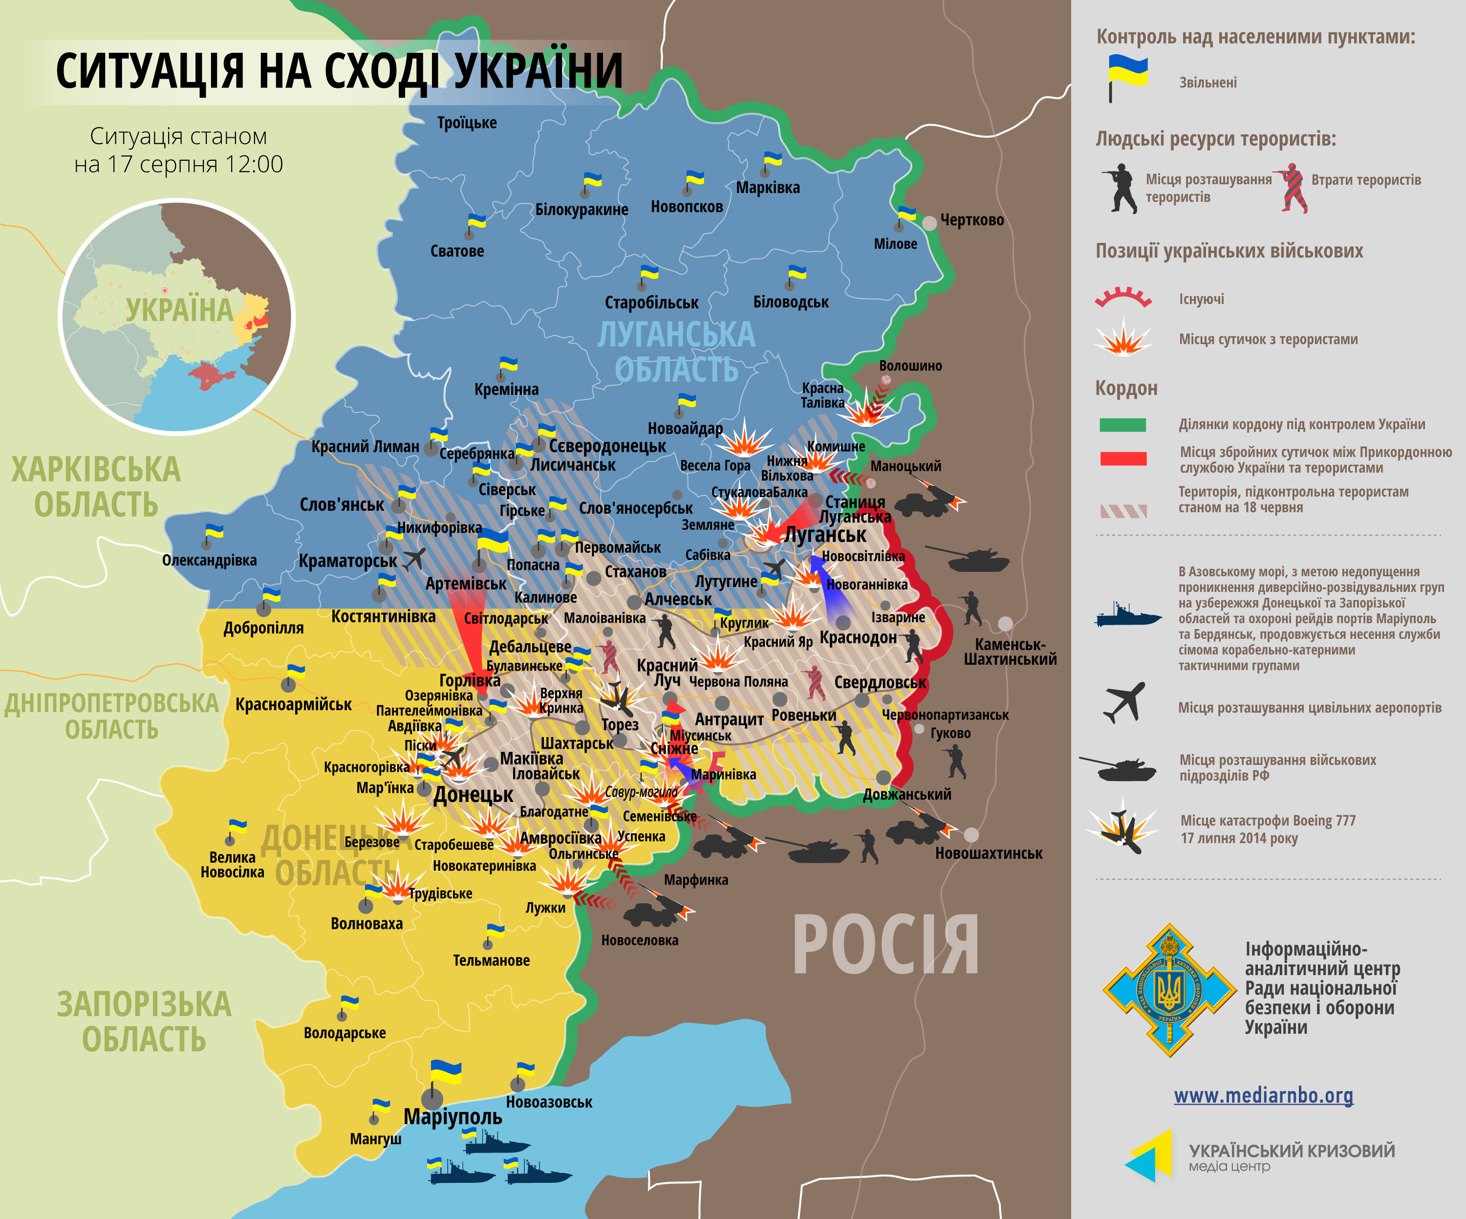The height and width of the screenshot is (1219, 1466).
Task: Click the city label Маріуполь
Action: tap(453, 1117)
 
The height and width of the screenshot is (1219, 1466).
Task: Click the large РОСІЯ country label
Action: tap(885, 945)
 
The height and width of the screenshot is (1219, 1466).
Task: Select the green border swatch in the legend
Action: tap(1122, 424)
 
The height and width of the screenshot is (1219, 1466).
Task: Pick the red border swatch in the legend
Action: tap(1122, 458)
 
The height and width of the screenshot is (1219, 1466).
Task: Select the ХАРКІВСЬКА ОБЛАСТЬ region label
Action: tap(96, 487)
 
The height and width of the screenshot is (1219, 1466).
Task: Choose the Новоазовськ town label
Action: tap(549, 1102)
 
